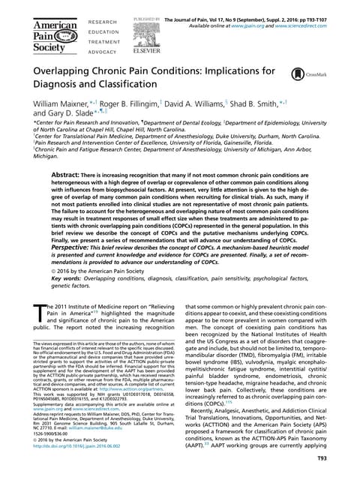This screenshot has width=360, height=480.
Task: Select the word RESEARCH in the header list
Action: point(103,23)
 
